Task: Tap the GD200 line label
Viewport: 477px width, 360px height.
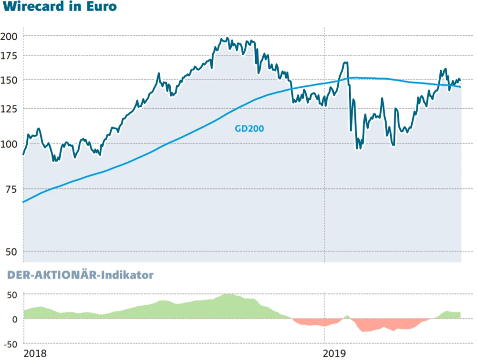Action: [249, 128]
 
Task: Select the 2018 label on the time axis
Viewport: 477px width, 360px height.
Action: [35, 353]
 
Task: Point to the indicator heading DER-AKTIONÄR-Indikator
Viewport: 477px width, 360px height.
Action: [80, 275]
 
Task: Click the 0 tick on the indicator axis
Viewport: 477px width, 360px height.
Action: [14, 319]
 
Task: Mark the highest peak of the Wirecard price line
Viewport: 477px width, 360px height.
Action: [227, 38]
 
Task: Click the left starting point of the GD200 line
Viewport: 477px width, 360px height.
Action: [23, 202]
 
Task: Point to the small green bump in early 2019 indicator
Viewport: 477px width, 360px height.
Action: [347, 316]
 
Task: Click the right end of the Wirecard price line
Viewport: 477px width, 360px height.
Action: [460, 80]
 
